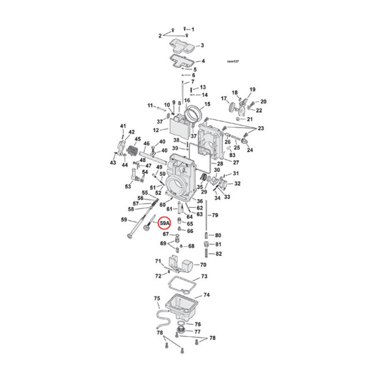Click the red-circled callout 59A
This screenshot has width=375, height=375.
click(165, 223)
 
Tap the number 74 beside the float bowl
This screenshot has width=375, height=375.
click(206, 295)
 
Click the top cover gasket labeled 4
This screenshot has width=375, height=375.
click(181, 61)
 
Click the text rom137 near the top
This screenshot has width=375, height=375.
click(233, 61)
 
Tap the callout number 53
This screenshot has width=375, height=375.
click(127, 187)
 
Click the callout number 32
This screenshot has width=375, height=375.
click(237, 183)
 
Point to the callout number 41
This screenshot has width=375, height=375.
click(123, 126)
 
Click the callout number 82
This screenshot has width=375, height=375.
click(218, 254)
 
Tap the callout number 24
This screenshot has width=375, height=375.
click(250, 150)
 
